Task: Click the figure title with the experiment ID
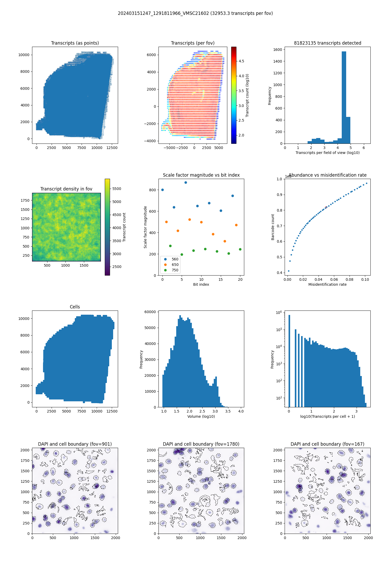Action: (x=195, y=13)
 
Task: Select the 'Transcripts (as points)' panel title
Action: (x=75, y=43)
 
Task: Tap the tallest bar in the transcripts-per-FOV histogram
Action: (x=344, y=97)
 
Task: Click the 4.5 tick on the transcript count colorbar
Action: (x=241, y=61)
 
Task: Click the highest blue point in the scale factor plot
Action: (x=186, y=182)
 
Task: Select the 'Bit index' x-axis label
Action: (x=201, y=284)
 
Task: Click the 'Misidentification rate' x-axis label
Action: (x=327, y=284)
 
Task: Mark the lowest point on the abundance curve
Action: (x=289, y=271)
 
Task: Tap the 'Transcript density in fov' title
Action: (x=66, y=189)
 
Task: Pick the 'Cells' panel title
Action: (x=75, y=307)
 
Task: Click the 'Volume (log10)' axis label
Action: (x=201, y=416)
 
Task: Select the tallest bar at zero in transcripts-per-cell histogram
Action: (x=289, y=360)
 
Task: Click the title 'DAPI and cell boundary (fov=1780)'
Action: (x=201, y=444)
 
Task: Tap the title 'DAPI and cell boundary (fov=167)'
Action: (x=327, y=444)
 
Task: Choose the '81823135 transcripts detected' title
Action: (x=327, y=43)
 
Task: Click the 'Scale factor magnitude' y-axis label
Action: (x=145, y=227)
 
